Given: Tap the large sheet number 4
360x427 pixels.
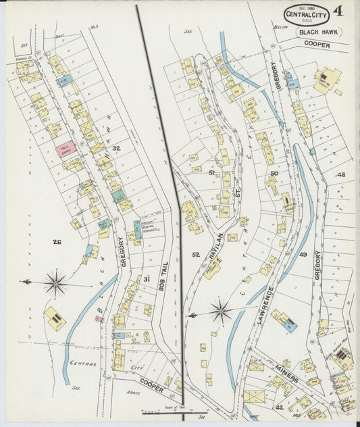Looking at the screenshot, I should (x=336, y=11).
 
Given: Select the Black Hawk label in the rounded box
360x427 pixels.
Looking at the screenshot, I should (x=317, y=32).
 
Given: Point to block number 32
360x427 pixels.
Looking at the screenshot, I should (x=116, y=148).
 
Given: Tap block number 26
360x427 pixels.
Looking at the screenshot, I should (x=57, y=241).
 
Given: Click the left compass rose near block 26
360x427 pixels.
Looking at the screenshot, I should (x=55, y=283).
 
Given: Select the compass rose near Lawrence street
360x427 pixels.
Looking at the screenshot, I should (x=220, y=311).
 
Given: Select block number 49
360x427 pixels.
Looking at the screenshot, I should (x=303, y=255).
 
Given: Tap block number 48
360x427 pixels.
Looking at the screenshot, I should (x=341, y=175).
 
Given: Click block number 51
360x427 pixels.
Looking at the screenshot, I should (x=211, y=173).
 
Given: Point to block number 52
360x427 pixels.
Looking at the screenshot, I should (x=196, y=255).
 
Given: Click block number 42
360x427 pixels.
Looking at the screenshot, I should (x=278, y=407).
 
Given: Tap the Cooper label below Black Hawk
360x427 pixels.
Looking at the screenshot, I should (x=317, y=45).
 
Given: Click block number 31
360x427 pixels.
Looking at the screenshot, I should (x=146, y=279).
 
